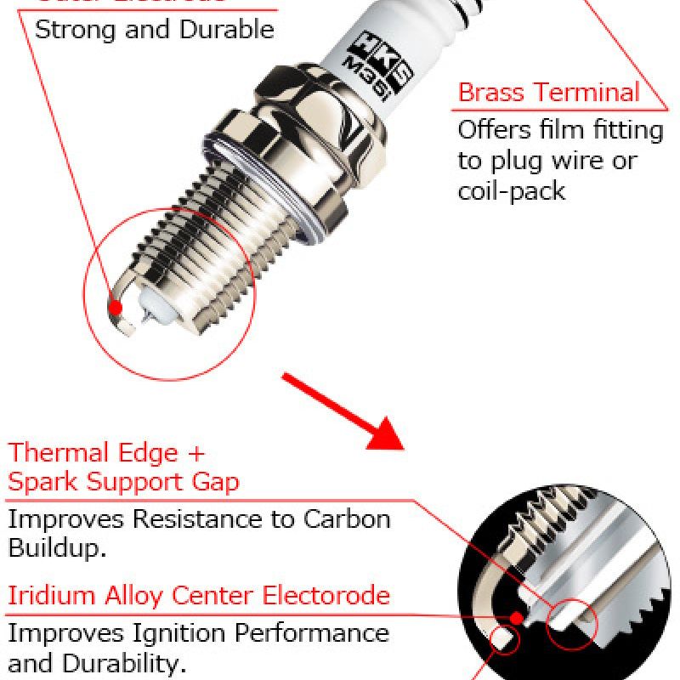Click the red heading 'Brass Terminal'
[x=548, y=92]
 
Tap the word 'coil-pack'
[x=511, y=190]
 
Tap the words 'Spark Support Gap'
[x=123, y=482]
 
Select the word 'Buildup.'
[x=58, y=547]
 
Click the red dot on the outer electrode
[x=116, y=305]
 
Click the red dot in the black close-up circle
[x=515, y=614]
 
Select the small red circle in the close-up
[x=571, y=626]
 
